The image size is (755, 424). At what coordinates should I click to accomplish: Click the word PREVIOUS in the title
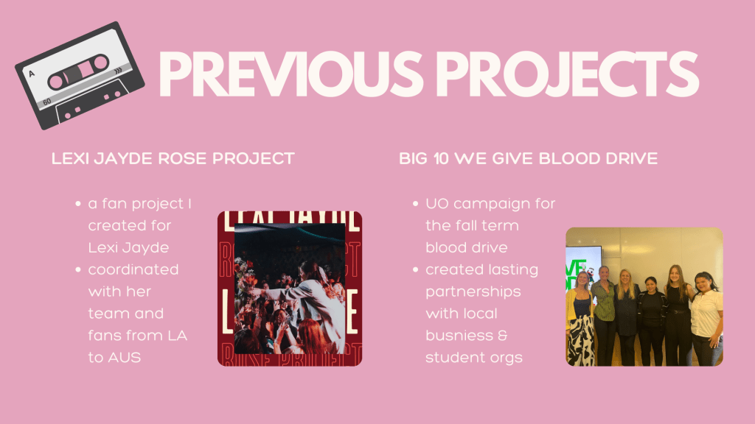pos(290,74)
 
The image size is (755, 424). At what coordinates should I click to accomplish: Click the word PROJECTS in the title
pos(567,74)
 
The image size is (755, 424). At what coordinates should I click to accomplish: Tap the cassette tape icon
pos(80,76)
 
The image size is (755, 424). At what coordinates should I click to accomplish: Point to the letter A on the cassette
pos(32,74)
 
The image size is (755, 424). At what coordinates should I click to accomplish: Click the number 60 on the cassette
pos(46,102)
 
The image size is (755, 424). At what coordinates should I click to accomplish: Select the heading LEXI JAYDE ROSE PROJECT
pos(173,159)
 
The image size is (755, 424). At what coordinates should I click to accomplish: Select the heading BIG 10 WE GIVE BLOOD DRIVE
pos(528,159)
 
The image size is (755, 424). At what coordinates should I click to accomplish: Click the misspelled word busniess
pos(459,336)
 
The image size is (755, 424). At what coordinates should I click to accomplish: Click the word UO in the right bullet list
pos(437,204)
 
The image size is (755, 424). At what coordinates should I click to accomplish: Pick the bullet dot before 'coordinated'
pos(78,269)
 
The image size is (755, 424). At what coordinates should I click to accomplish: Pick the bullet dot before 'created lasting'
pos(416,269)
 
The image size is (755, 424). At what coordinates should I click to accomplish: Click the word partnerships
pos(473,292)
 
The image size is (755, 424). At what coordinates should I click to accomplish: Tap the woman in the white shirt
pos(707,318)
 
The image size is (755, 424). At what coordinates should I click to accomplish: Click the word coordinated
pos(133,269)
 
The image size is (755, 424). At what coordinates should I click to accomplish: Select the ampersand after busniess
pos(502,336)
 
